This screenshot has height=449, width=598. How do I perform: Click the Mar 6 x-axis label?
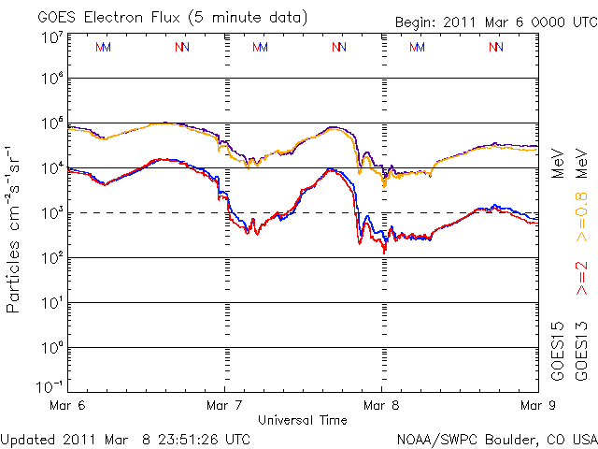point(68,405)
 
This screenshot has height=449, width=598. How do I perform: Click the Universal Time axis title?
point(302,420)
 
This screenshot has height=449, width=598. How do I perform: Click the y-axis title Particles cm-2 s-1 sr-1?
point(14,228)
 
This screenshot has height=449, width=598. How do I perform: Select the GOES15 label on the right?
point(558,351)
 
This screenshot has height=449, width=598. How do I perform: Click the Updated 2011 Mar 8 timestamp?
point(126,438)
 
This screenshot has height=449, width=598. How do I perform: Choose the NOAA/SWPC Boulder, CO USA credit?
point(495,438)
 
